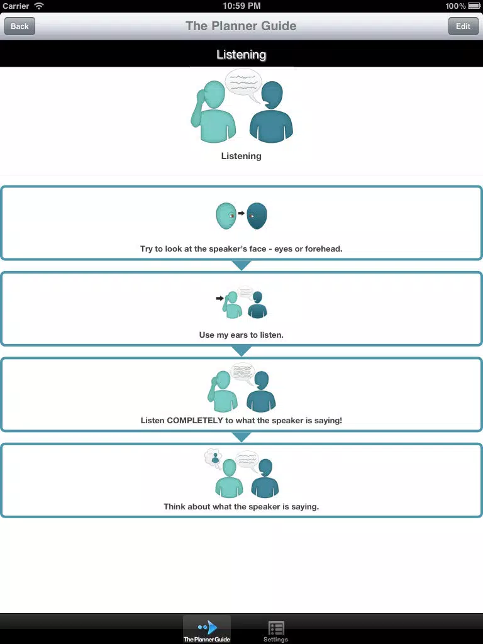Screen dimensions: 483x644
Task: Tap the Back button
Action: pyautogui.click(x=19, y=26)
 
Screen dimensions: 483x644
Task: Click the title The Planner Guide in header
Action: pyautogui.click(x=241, y=26)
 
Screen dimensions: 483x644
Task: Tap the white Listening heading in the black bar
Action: pyautogui.click(x=241, y=54)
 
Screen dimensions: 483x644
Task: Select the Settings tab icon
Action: pyautogui.click(x=276, y=628)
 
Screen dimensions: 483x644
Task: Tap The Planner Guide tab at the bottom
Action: pyautogui.click(x=206, y=630)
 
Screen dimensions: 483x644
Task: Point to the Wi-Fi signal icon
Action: pyautogui.click(x=39, y=6)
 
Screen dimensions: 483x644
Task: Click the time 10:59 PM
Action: pyautogui.click(x=241, y=6)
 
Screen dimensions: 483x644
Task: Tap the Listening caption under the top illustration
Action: pyautogui.click(x=241, y=156)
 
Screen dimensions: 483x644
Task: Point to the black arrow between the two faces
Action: pyautogui.click(x=241, y=213)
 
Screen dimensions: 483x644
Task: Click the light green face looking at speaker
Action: pyautogui.click(x=226, y=216)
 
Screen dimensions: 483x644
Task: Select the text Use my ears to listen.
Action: pyautogui.click(x=241, y=335)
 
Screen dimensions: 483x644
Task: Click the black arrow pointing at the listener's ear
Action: pyautogui.click(x=219, y=298)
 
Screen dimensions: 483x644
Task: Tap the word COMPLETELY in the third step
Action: pyautogui.click(x=195, y=420)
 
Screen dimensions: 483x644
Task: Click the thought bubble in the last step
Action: pyautogui.click(x=213, y=458)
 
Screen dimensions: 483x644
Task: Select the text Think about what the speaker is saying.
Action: pyautogui.click(x=241, y=506)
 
